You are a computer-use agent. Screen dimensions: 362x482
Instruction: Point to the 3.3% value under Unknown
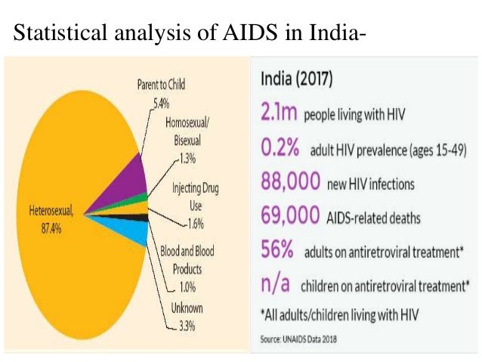(x=184, y=326)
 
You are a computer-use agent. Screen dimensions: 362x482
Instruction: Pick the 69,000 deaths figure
(x=289, y=217)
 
